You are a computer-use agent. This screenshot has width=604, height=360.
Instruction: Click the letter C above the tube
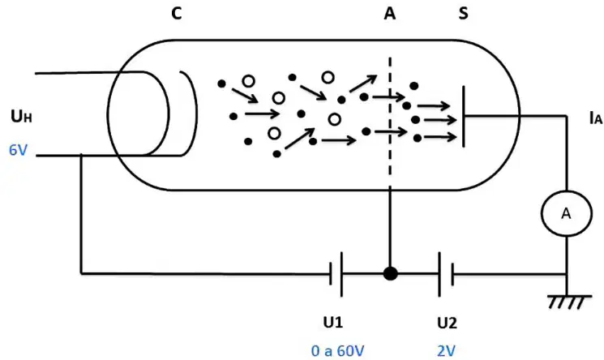[x=177, y=14]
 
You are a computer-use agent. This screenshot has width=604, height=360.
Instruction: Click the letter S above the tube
[x=464, y=14]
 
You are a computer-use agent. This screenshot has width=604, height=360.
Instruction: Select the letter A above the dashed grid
[x=390, y=14]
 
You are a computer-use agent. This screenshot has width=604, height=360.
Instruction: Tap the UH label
[x=21, y=116]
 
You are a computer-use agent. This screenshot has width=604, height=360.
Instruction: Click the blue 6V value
[x=18, y=150]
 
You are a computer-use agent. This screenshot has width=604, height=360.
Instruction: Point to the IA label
[x=596, y=118]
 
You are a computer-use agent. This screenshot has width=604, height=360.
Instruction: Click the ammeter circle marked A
[x=566, y=213]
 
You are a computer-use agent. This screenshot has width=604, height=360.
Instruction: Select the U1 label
[x=333, y=322]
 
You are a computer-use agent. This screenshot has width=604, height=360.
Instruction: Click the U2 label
[x=447, y=323]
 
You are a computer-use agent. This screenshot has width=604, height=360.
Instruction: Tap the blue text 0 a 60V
[x=337, y=351]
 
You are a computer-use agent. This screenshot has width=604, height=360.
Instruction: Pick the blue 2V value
[x=447, y=351]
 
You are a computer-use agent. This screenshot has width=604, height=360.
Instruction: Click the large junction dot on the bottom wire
[x=390, y=274]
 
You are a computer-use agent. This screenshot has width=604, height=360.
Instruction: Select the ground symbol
[x=569, y=302]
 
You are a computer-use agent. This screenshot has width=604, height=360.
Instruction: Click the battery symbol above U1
[x=336, y=274]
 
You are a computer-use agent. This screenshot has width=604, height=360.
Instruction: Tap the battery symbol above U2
[x=446, y=274]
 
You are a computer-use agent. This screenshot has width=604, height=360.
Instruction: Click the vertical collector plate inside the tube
[x=464, y=116]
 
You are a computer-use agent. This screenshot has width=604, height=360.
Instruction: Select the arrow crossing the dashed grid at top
[x=388, y=97]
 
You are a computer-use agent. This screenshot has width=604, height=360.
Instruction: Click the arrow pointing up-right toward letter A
[x=363, y=84]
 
